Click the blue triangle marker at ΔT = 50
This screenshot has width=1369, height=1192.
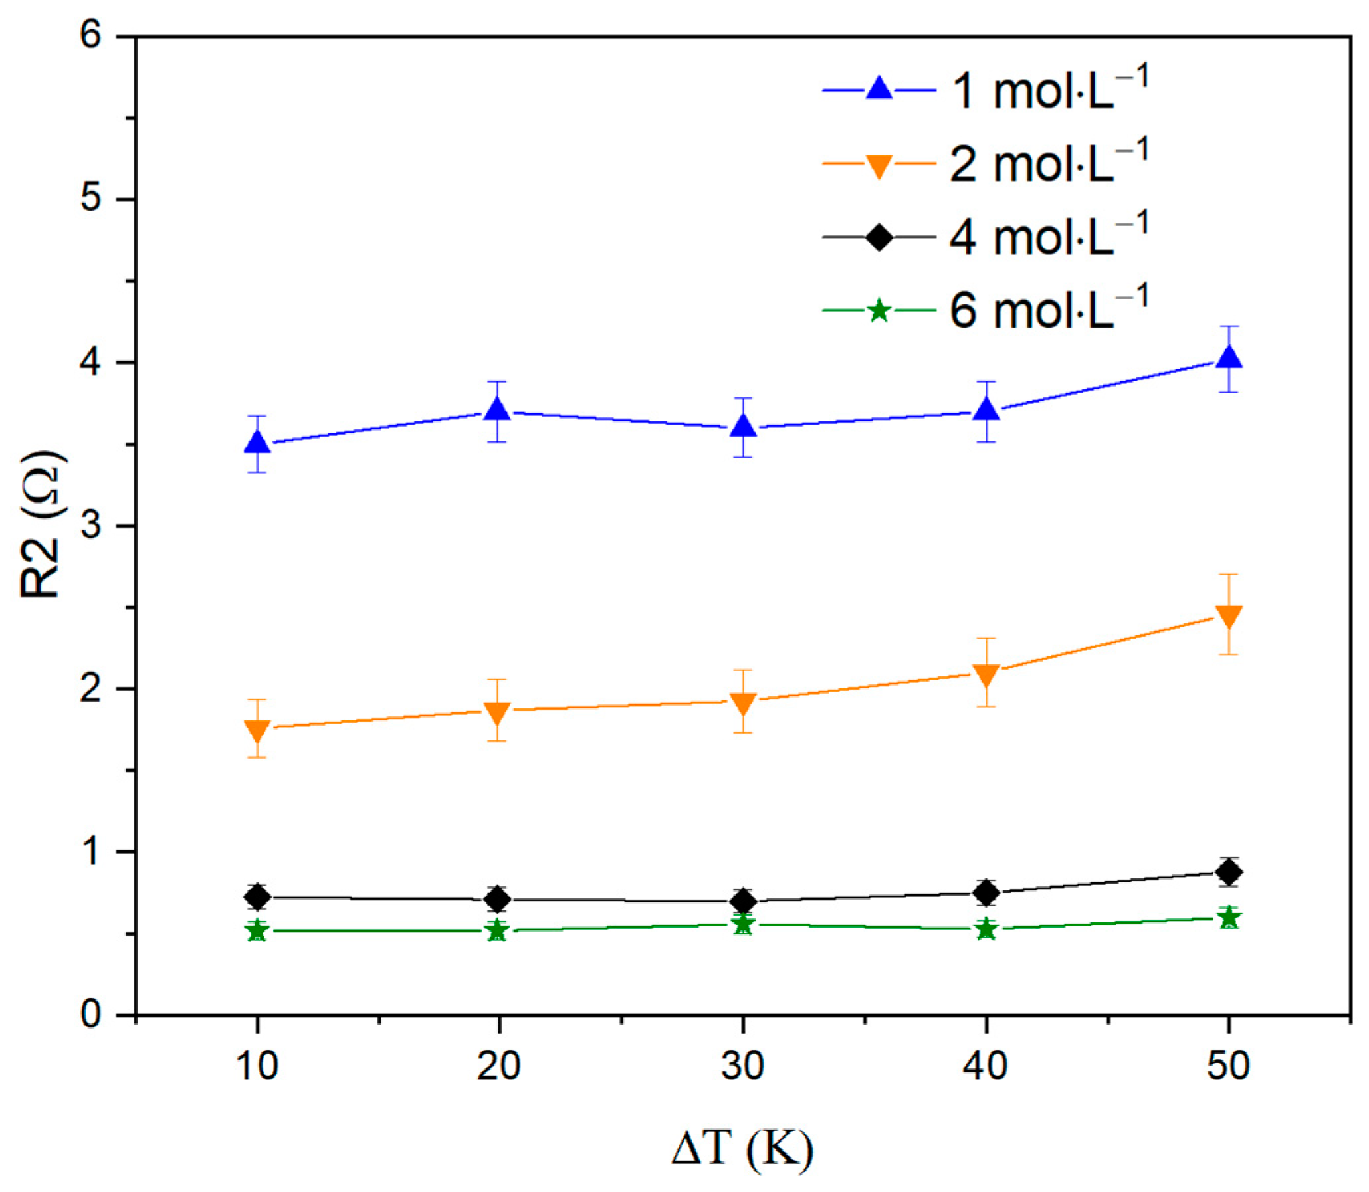coord(1228,358)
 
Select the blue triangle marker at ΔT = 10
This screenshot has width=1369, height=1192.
coord(257,443)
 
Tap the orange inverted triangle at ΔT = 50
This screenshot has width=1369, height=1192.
coord(1228,616)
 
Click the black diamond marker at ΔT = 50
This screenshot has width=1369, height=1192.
coord(1228,871)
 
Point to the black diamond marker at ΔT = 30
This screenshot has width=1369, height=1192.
coord(742,902)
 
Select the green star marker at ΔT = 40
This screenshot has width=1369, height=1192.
coord(986,930)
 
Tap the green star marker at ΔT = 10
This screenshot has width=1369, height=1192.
coord(257,932)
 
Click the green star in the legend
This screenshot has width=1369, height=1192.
coord(879,310)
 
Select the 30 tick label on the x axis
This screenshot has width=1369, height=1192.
coord(742,1066)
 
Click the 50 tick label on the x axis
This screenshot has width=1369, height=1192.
coord(1228,1066)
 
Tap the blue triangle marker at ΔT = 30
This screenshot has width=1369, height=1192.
coord(742,427)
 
